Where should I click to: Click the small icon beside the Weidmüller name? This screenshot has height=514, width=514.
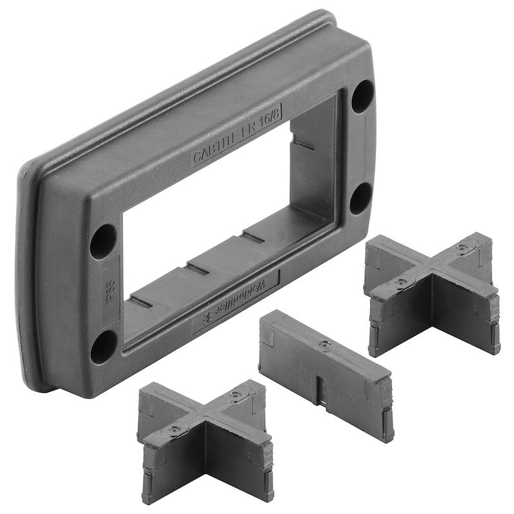208,316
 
